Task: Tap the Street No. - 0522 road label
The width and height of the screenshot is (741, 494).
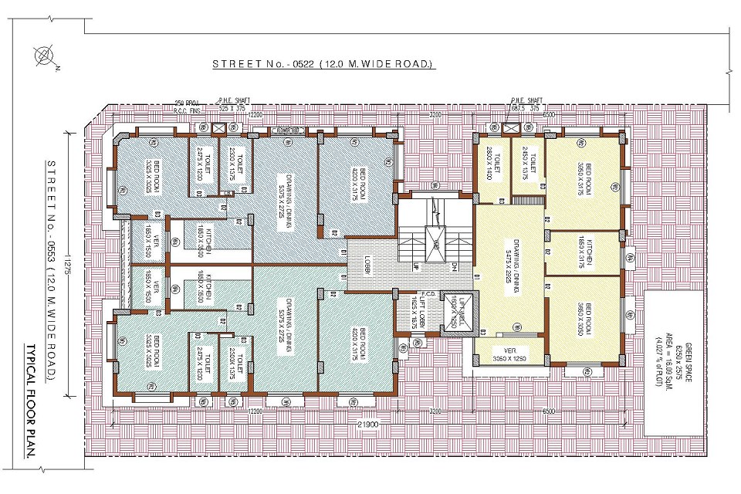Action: pyautogui.click(x=323, y=64)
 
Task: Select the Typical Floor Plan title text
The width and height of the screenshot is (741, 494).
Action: pyautogui.click(x=33, y=401)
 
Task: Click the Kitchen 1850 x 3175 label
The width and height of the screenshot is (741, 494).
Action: pyautogui.click(x=584, y=253)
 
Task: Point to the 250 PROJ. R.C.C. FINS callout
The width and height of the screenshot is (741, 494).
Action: pyautogui.click(x=189, y=107)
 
